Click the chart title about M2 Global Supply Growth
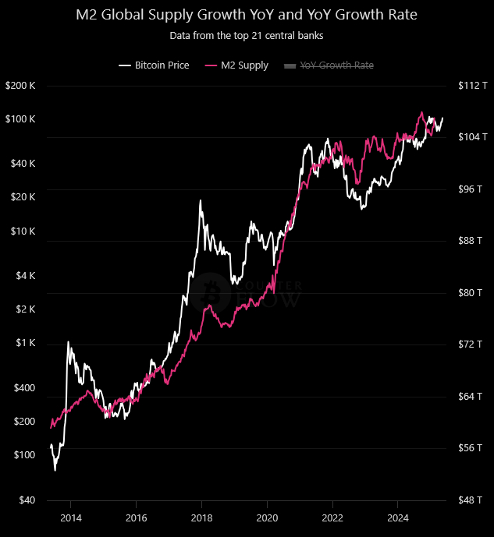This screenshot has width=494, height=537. [247, 15]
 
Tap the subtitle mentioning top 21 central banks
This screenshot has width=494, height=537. [247, 35]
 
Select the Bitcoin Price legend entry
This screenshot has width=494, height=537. [155, 65]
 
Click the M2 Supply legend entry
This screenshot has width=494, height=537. [236, 65]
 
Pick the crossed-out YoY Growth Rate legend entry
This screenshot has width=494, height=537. [336, 65]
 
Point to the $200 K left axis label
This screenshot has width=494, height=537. [21, 85]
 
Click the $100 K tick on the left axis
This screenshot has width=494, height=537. [21, 119]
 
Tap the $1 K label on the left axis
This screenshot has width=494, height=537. [26, 343]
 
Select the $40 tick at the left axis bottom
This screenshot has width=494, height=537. [27, 500]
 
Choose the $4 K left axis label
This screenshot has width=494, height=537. [26, 276]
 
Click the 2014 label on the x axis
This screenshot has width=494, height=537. [71, 518]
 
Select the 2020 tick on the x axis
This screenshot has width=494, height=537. [267, 518]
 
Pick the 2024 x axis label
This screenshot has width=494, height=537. [398, 518]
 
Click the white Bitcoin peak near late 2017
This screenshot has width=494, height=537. [201, 201]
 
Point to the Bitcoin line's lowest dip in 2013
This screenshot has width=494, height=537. [55, 470]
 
